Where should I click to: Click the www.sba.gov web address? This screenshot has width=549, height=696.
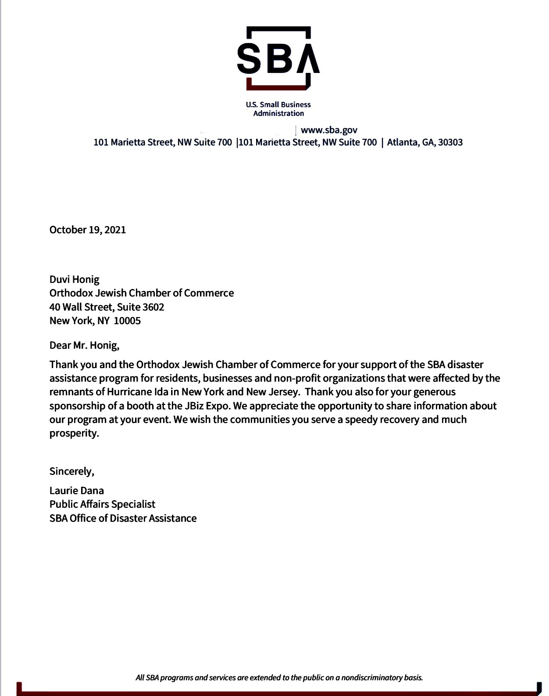pos(329,130)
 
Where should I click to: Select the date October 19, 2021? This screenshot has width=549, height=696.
pos(87,230)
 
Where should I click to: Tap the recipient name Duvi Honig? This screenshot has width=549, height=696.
pos(74,279)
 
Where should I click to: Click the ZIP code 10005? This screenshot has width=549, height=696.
pos(127,321)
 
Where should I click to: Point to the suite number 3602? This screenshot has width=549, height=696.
pos(153,307)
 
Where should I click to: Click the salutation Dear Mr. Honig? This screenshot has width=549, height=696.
pos(84,345)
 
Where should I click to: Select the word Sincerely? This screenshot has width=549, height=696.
pos(71,471)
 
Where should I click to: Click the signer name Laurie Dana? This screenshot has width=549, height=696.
pos(76,490)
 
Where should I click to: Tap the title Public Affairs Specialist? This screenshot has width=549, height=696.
pos(102,504)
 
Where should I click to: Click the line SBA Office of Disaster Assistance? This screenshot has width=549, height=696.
pos(123,518)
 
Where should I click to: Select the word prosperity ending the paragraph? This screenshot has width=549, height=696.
pos(73,433)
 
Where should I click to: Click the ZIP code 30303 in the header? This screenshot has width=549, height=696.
pos(450,142)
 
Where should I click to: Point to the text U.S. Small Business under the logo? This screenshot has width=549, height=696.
pos(278,105)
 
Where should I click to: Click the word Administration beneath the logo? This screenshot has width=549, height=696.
pos(278,113)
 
